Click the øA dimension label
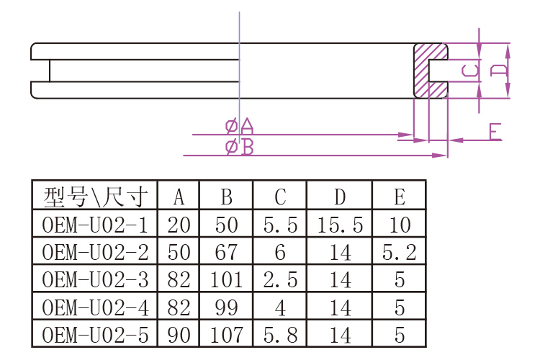240,127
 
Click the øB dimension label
240,148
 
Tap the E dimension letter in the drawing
494,132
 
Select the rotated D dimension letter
498,70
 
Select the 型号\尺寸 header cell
95,196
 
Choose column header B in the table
226,196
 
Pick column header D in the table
339,196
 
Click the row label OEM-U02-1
95,225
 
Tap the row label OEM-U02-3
95,279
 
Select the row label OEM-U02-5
95,335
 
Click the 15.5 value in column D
339,225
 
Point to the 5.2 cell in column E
399,252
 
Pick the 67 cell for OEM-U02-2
226,252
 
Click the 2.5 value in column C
280,279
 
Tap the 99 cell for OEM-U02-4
226,307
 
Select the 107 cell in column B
226,335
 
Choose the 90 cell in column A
179,335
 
